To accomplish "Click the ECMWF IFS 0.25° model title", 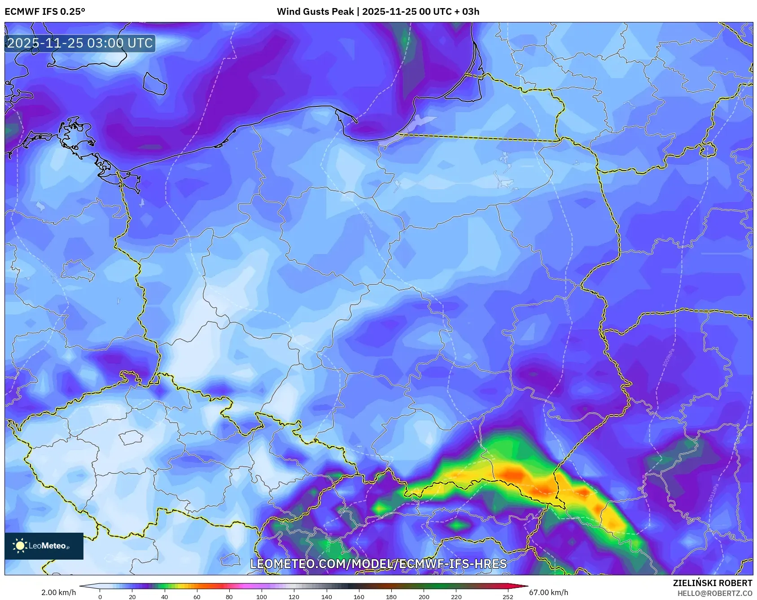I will pyautogui.click(x=44, y=11).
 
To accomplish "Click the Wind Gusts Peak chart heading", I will pyautogui.click(x=378, y=11).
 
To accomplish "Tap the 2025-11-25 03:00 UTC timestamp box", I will pyautogui.click(x=80, y=44).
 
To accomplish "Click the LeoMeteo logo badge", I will pyautogui.click(x=44, y=546).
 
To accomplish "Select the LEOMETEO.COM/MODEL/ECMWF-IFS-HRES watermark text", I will pyautogui.click(x=378, y=564).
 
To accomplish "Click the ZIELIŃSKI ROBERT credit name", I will pyautogui.click(x=712, y=583).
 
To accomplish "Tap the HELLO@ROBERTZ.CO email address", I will pyautogui.click(x=714, y=593).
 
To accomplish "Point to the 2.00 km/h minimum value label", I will pyautogui.click(x=58, y=592).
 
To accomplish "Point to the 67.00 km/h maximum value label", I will pyautogui.click(x=548, y=592).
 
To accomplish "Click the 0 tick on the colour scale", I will pyautogui.click(x=100, y=597).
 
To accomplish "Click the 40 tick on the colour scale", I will pyautogui.click(x=165, y=597).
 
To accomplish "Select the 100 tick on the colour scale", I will pyautogui.click(x=261, y=597).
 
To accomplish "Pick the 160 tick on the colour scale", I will pyautogui.click(x=359, y=597).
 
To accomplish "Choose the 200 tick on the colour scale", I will pyautogui.click(x=424, y=597).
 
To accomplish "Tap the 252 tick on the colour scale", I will pyautogui.click(x=508, y=597).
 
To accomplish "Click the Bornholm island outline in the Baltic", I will pyautogui.click(x=155, y=83).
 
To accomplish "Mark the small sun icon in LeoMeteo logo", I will pyautogui.click(x=20, y=546).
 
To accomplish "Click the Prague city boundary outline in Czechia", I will pyautogui.click(x=131, y=437).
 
